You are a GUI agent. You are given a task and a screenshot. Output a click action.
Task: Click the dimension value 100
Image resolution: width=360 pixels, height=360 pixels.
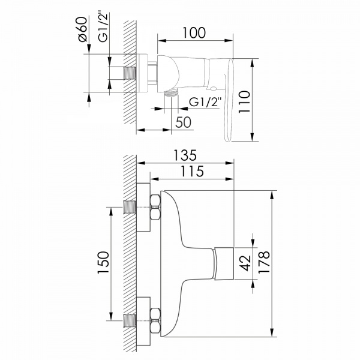tap(194, 33)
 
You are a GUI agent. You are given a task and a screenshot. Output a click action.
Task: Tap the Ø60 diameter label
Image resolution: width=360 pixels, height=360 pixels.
tap(83, 29)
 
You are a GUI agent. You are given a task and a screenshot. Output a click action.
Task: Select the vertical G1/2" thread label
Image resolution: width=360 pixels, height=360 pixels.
tap(103, 27)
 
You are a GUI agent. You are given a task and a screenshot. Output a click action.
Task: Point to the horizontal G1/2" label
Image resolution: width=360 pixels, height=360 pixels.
tap(205, 102)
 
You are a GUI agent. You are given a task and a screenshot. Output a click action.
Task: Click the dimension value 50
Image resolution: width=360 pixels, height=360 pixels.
tap(183, 122)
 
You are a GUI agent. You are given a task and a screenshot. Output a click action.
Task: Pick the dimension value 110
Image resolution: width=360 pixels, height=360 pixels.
tap(244, 102)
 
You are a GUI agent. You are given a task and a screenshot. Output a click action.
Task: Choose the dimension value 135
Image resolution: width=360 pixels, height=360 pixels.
tap(185, 155)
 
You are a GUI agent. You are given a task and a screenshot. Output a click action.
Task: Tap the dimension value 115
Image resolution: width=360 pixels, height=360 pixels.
tap(193, 171)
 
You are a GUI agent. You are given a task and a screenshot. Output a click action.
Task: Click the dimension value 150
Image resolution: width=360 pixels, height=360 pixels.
tap(103, 262)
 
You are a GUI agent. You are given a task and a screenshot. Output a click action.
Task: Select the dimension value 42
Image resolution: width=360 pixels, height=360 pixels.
tap(245, 263)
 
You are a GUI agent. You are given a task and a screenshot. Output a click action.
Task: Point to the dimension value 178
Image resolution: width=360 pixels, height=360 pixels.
tap(264, 262)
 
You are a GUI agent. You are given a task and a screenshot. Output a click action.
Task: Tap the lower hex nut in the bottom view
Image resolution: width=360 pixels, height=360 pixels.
tap(155, 320)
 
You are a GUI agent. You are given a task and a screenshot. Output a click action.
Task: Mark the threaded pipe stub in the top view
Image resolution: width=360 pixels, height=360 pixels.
tap(130, 73)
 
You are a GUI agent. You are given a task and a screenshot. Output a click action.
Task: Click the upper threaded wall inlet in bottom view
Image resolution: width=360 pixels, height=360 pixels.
tap(130, 208)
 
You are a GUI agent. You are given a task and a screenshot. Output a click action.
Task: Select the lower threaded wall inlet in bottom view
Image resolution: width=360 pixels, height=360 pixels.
tap(130, 320)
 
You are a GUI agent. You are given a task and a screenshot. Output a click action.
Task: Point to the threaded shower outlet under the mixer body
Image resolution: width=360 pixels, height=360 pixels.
tap(171, 93)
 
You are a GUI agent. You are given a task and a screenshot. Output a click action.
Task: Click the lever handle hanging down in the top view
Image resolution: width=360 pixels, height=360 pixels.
tap(229, 100)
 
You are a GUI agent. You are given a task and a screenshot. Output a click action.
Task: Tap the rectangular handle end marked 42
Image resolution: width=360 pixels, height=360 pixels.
tap(224, 263)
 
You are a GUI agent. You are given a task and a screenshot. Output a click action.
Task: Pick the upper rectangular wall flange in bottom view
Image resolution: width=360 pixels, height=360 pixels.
tap(143, 208)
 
